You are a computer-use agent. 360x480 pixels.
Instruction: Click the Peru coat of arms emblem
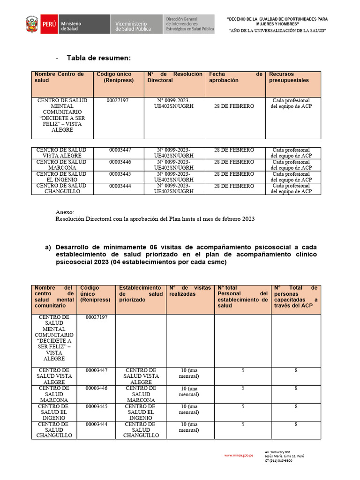32,24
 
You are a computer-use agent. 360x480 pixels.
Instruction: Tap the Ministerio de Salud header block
71,24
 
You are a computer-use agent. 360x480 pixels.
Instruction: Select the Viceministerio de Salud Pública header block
134,24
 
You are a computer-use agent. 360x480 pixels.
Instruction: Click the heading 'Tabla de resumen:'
98,58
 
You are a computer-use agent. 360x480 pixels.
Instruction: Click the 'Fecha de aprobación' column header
235,77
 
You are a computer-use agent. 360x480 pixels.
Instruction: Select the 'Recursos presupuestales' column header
289,77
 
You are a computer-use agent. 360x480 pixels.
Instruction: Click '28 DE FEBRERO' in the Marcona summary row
234,162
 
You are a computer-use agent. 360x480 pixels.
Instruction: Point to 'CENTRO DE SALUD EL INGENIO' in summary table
61,177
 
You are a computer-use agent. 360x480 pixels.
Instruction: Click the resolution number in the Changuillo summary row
173,188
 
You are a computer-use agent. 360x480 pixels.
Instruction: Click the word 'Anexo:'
65,212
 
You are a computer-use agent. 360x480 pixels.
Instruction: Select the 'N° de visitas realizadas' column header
190,291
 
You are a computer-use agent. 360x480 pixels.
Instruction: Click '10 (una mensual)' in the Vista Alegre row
190,373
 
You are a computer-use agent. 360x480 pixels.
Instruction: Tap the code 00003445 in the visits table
96,406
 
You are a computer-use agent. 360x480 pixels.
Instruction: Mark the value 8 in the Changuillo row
296,424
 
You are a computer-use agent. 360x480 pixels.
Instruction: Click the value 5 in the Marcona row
242,388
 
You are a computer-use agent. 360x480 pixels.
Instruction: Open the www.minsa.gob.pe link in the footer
239,455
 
